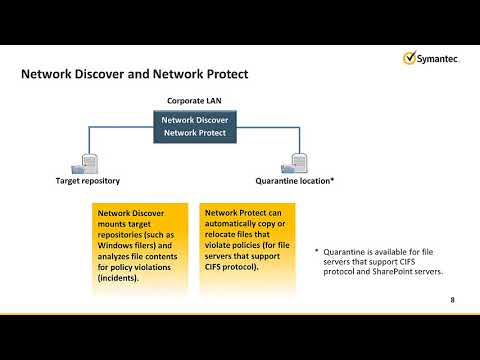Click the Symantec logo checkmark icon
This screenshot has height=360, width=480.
(410, 56)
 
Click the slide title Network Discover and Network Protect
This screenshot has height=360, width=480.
(134, 75)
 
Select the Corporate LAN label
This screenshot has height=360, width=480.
(190, 101)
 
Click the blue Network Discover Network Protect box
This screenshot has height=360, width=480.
(190, 125)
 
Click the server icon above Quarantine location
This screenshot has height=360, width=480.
(298, 163)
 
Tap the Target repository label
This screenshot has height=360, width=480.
(87, 182)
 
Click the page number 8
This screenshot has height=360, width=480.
(452, 299)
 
